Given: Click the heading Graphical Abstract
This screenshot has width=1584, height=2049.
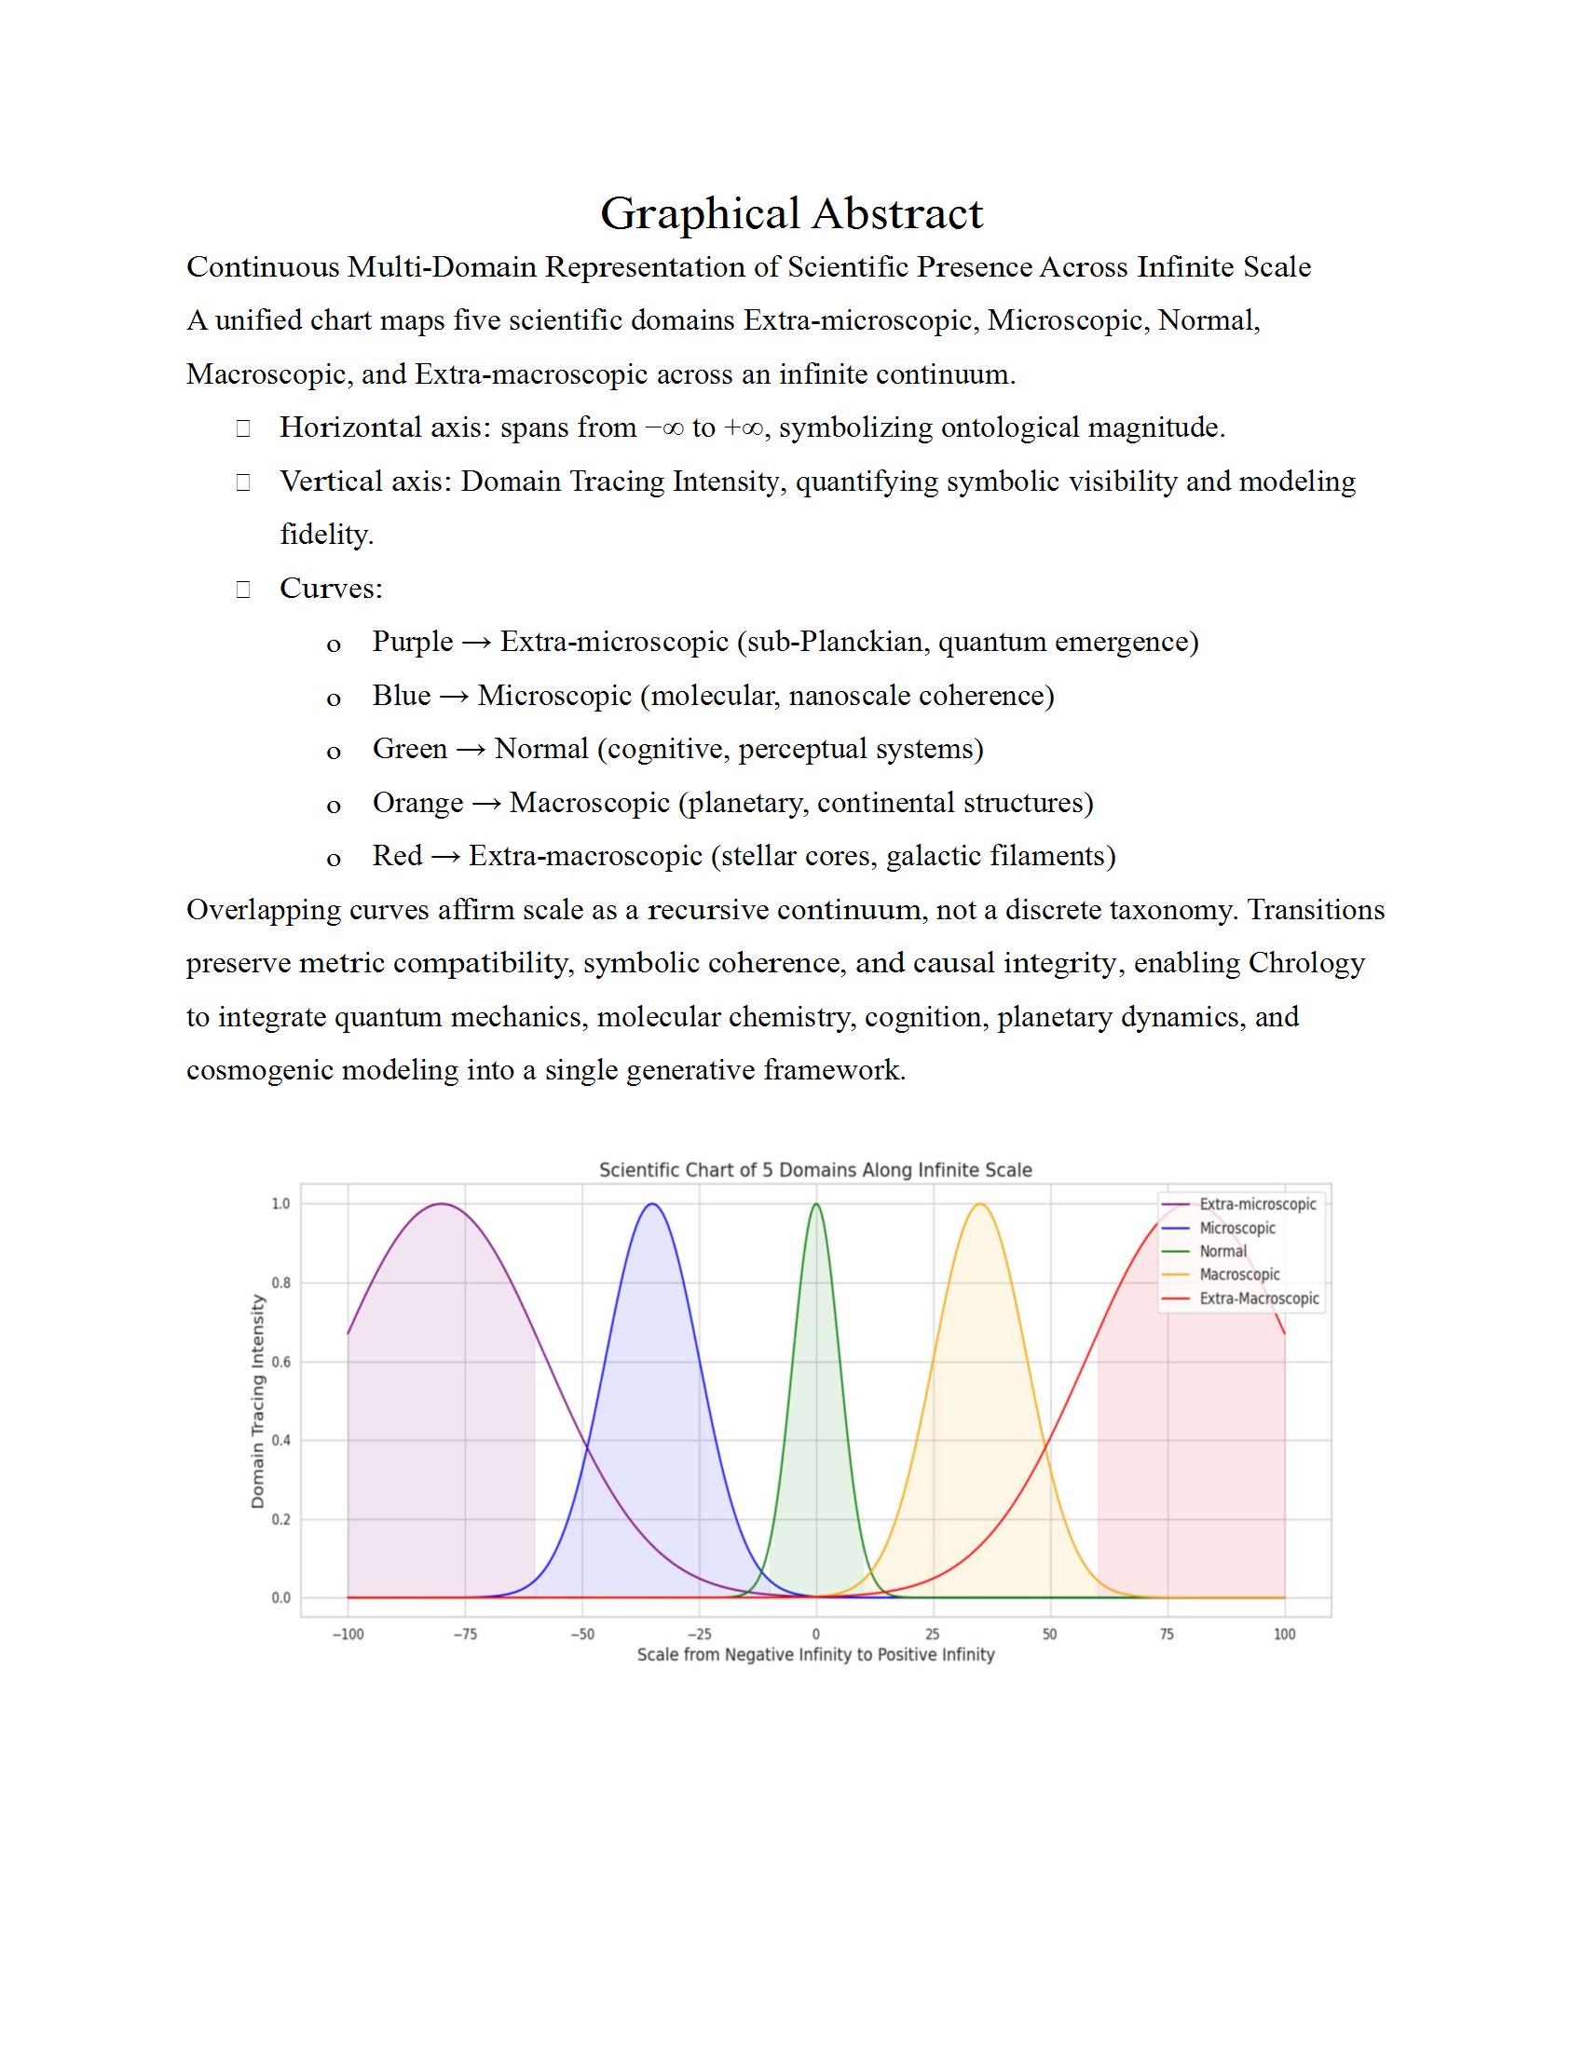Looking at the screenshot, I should click(791, 214).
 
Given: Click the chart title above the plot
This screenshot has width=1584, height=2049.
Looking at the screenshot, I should click(814, 1170).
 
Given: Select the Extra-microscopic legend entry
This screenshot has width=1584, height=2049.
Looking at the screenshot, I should click(1257, 1203).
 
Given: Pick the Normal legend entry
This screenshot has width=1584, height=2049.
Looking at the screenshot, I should click(1222, 1251).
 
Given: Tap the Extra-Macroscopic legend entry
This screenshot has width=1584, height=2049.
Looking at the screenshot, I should click(1259, 1298).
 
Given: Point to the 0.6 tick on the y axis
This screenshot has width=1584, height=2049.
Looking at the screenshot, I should click(280, 1362).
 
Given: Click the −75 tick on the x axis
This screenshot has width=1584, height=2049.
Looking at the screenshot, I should click(465, 1634).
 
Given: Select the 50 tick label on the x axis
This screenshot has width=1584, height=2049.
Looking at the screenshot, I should click(1049, 1634).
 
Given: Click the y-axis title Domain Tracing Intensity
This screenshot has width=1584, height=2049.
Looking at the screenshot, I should click(258, 1401).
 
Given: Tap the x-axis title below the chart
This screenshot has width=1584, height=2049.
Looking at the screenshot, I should click(814, 1654).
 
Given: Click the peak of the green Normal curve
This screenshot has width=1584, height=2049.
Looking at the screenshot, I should click(815, 1204).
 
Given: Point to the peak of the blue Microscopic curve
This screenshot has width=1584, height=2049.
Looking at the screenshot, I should click(652, 1204).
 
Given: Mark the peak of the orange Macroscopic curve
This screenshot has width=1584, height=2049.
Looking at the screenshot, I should click(979, 1204).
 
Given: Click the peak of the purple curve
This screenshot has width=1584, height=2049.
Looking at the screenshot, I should click(441, 1204).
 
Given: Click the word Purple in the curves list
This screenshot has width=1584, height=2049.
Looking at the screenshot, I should click(412, 642).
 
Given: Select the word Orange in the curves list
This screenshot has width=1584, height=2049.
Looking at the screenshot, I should click(417, 803).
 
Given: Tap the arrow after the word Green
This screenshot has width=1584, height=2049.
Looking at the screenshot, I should click(471, 750).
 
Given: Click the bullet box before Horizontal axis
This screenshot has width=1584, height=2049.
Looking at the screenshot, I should click(243, 428).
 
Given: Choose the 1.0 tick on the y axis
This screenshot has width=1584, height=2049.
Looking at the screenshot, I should click(280, 1203).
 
